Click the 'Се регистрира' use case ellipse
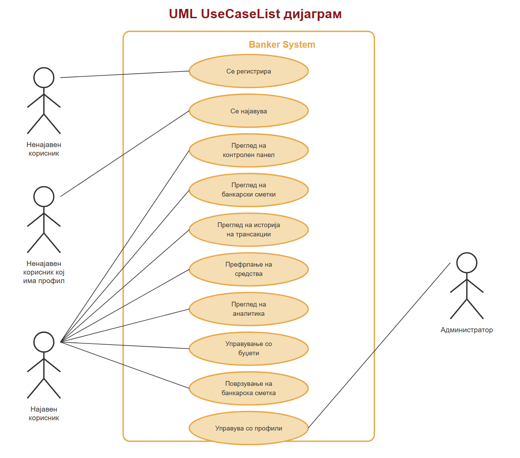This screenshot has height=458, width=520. pyautogui.click(x=249, y=71)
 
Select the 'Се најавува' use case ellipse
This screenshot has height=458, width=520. pyautogui.click(x=249, y=111)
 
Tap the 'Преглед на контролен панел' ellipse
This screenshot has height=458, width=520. pyautogui.click(x=249, y=150)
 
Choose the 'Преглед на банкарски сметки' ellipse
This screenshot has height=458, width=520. pyautogui.click(x=249, y=190)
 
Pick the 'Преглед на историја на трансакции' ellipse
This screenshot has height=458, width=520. pyautogui.click(x=249, y=230)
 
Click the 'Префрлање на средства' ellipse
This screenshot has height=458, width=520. pyautogui.click(x=249, y=269)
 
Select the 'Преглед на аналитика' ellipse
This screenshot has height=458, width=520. pyautogui.click(x=249, y=309)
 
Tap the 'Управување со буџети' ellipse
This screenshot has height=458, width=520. pyautogui.click(x=249, y=349)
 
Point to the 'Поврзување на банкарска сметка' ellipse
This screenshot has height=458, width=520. pyautogui.click(x=249, y=388)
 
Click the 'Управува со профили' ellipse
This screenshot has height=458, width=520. pyautogui.click(x=249, y=428)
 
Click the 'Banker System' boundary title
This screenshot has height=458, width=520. pyautogui.click(x=282, y=45)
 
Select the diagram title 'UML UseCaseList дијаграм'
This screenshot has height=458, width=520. pyautogui.click(x=255, y=14)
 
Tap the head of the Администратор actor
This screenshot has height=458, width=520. pyautogui.click(x=467, y=263)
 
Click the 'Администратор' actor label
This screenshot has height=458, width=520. pyautogui.click(x=467, y=330)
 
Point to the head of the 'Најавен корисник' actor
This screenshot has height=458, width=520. pyautogui.click(x=44, y=342)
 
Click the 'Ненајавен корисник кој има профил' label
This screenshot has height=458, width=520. pyautogui.click(x=44, y=272)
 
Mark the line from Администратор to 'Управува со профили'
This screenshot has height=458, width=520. pyautogui.click(x=379, y=345)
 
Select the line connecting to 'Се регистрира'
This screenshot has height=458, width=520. pyautogui.click(x=125, y=74)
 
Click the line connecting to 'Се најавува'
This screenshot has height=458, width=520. pyautogui.click(x=125, y=154)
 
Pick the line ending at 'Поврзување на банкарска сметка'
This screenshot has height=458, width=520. pyautogui.click(x=125, y=365)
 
